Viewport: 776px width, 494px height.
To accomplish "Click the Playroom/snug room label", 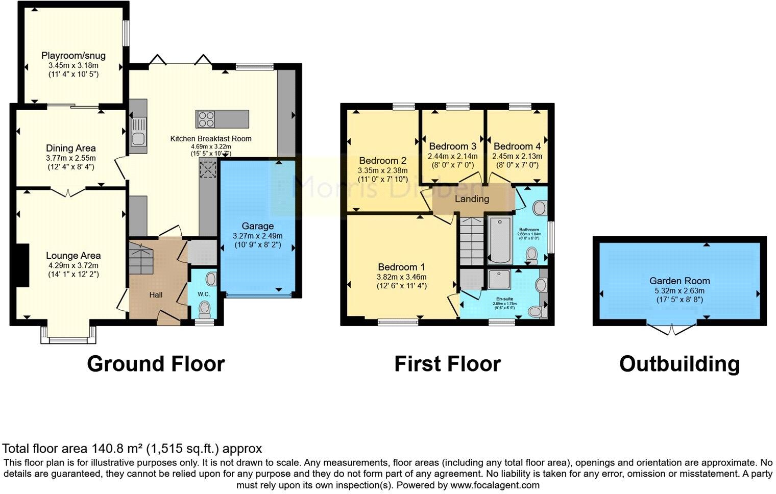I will (x=74, y=56).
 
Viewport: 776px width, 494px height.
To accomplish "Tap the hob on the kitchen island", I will (x=207, y=119).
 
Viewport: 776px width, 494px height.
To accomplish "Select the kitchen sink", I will (x=138, y=131).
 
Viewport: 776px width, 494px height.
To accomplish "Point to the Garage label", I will (x=257, y=226).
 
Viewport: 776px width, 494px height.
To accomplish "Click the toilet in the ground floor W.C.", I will (x=205, y=309).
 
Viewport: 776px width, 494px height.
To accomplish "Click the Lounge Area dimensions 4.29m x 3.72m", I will (x=74, y=265).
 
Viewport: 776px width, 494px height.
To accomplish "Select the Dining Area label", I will (x=71, y=148).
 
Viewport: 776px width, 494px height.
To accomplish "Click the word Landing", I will (x=472, y=199).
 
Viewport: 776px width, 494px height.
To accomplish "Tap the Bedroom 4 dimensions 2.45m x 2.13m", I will (x=517, y=156).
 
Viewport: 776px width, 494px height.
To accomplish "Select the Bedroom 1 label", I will (x=401, y=267).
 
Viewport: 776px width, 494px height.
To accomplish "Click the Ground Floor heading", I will (x=156, y=364).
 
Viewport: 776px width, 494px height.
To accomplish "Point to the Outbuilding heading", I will (x=679, y=364).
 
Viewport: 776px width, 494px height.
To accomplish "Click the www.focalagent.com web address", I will (x=495, y=485).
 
